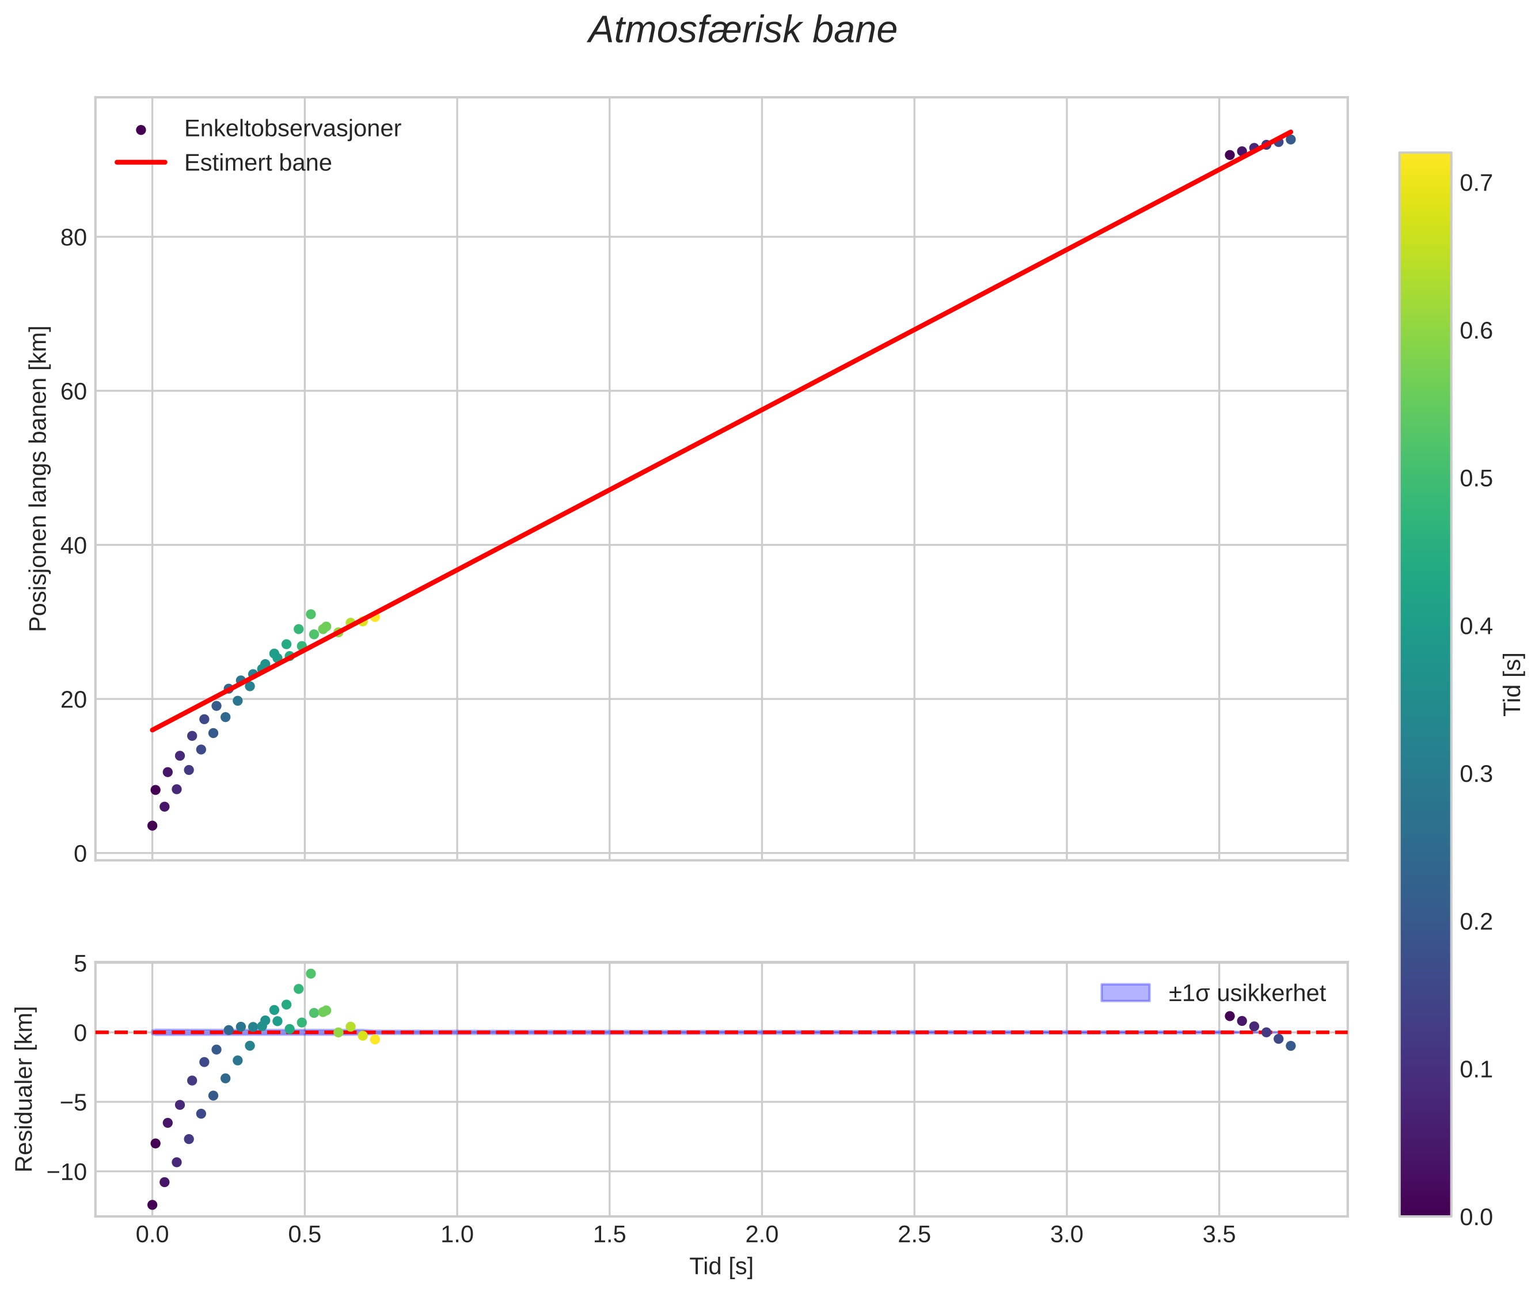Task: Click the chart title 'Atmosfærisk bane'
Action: pos(742,31)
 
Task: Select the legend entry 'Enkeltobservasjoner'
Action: pos(292,128)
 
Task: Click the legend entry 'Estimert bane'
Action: pos(257,163)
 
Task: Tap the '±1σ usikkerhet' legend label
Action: pos(1247,993)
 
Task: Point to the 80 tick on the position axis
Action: pos(73,237)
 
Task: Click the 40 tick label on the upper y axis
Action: pos(73,545)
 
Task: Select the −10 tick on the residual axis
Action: pos(67,1172)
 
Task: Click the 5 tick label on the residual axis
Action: pos(80,963)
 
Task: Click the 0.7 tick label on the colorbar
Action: pos(1476,182)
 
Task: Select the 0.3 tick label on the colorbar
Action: pos(1476,774)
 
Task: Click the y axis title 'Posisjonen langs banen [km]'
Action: pos(38,478)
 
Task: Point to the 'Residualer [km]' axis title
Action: pos(24,1089)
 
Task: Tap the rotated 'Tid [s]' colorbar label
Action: pos(1513,684)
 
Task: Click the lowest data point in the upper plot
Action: pos(153,826)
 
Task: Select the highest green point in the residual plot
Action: pos(311,973)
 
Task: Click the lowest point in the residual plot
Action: pos(153,1204)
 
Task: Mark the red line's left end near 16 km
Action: pos(153,730)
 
